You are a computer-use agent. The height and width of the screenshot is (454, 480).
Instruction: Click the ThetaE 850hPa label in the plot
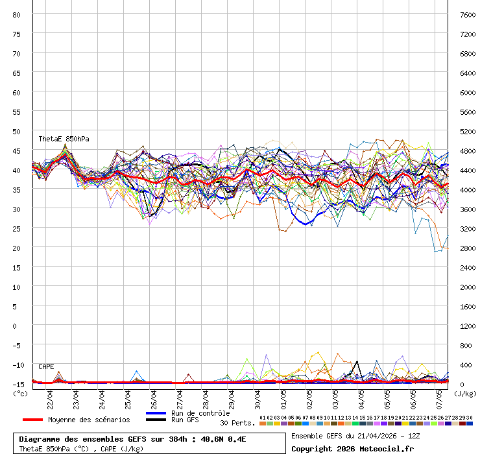coord(64,139)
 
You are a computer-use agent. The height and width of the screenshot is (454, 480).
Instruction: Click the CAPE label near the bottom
coord(47,366)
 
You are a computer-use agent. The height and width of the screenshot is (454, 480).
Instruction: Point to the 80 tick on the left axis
coord(18,14)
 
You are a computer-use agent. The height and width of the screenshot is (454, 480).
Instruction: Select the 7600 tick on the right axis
coord(468,14)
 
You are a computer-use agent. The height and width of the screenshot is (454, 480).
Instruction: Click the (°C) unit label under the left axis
coord(19,393)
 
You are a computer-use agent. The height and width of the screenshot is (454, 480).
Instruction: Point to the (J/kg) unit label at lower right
coord(464,393)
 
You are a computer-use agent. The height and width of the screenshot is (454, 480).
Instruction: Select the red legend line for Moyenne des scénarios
coord(32,420)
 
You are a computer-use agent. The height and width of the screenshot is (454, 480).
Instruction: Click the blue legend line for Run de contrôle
coord(156,413)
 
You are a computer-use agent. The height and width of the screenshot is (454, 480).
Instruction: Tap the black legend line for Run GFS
coord(156,420)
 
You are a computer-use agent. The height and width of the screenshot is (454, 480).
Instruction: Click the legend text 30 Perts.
coord(237,423)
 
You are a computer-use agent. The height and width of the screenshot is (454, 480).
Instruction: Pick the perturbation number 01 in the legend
coord(262,418)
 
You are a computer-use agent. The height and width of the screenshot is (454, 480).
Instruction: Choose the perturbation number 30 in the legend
coord(469,418)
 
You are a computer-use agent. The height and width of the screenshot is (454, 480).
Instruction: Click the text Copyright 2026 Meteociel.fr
coord(352,448)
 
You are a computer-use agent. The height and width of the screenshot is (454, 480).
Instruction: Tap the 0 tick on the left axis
coord(18,326)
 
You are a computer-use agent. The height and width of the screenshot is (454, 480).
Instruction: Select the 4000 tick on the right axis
coord(468,189)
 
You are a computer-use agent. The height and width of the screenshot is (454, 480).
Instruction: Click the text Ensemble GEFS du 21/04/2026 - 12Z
coord(356,436)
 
